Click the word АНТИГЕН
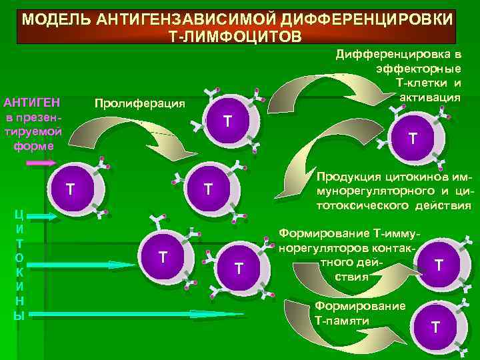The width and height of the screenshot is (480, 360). [31, 103]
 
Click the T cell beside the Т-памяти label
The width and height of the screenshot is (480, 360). [435, 327]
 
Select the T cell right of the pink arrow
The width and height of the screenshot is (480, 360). [70, 190]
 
